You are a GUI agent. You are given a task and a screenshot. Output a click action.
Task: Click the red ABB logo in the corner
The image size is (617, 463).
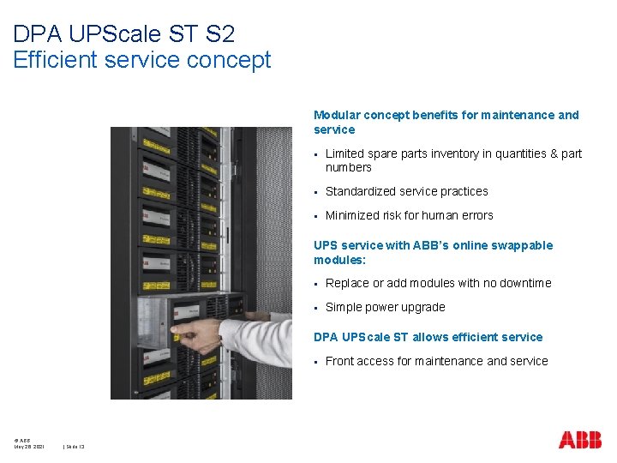pyautogui.click(x=580, y=440)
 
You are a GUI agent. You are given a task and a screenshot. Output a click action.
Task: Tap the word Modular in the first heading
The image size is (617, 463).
pyautogui.click(x=337, y=115)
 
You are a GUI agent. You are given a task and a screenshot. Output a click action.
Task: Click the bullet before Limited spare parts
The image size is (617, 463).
pyautogui.click(x=316, y=154)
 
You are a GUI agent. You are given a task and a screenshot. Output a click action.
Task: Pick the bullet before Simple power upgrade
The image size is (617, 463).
pyautogui.click(x=316, y=308)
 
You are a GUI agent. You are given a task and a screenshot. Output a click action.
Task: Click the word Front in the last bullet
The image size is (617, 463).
pyautogui.click(x=339, y=361)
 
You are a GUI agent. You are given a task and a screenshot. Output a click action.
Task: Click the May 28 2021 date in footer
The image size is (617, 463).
pyautogui.click(x=28, y=446)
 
